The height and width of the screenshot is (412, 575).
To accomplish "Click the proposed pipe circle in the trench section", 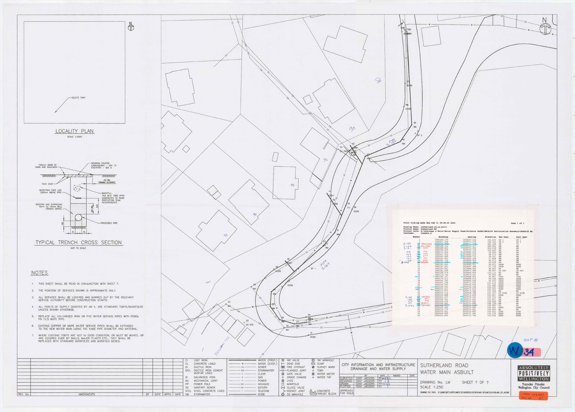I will [78, 218].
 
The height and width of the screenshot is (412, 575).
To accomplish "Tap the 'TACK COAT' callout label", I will [47, 184].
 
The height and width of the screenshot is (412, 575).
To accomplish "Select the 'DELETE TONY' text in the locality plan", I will [78, 98].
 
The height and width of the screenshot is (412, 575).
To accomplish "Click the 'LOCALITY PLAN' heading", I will [74, 131].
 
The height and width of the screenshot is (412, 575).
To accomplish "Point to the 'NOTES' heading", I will [39, 273].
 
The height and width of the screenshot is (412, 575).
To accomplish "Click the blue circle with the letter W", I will [514, 351].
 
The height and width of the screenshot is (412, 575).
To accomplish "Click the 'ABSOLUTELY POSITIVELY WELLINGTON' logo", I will [533, 373].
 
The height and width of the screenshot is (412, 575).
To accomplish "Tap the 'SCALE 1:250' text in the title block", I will [431, 387].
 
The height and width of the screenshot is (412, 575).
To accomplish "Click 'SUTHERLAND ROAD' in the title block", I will [444, 365].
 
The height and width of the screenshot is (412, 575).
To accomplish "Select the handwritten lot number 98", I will [226, 235].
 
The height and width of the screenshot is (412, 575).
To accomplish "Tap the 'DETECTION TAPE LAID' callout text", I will [50, 190].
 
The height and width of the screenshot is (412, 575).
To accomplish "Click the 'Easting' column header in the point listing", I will [471, 237].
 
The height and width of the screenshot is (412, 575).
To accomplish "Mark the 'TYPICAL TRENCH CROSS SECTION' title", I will [78, 243].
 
